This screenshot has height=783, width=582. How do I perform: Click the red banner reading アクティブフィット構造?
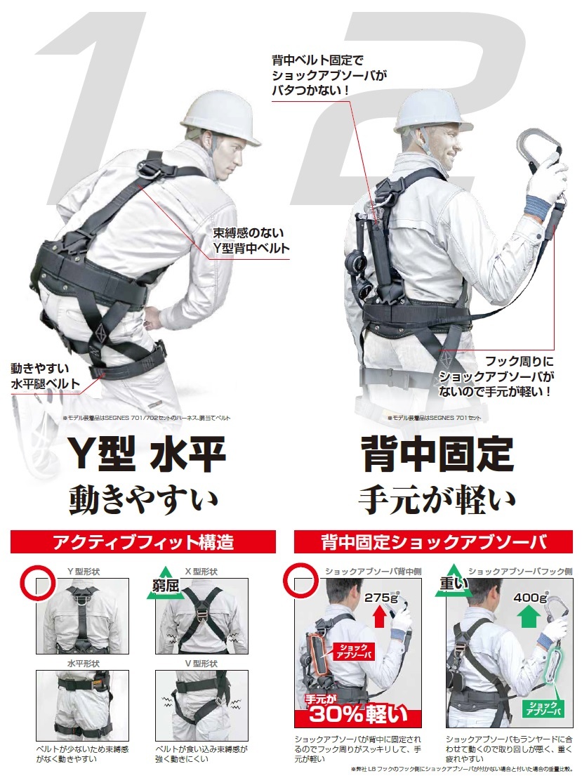click(x=143, y=542)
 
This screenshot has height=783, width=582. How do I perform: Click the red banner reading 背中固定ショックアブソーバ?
click(x=433, y=542)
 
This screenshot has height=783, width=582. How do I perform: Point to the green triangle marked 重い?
click(x=452, y=584)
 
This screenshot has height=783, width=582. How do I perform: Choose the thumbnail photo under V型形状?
click(x=201, y=704)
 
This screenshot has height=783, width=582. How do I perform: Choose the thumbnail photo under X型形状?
click(x=201, y=616)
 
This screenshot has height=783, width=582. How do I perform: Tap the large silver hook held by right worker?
click(x=543, y=148)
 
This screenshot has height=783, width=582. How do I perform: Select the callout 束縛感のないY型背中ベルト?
click(x=251, y=240)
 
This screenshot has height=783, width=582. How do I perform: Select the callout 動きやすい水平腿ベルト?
click(x=45, y=376)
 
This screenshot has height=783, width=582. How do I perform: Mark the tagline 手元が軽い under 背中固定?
click(x=437, y=499)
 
